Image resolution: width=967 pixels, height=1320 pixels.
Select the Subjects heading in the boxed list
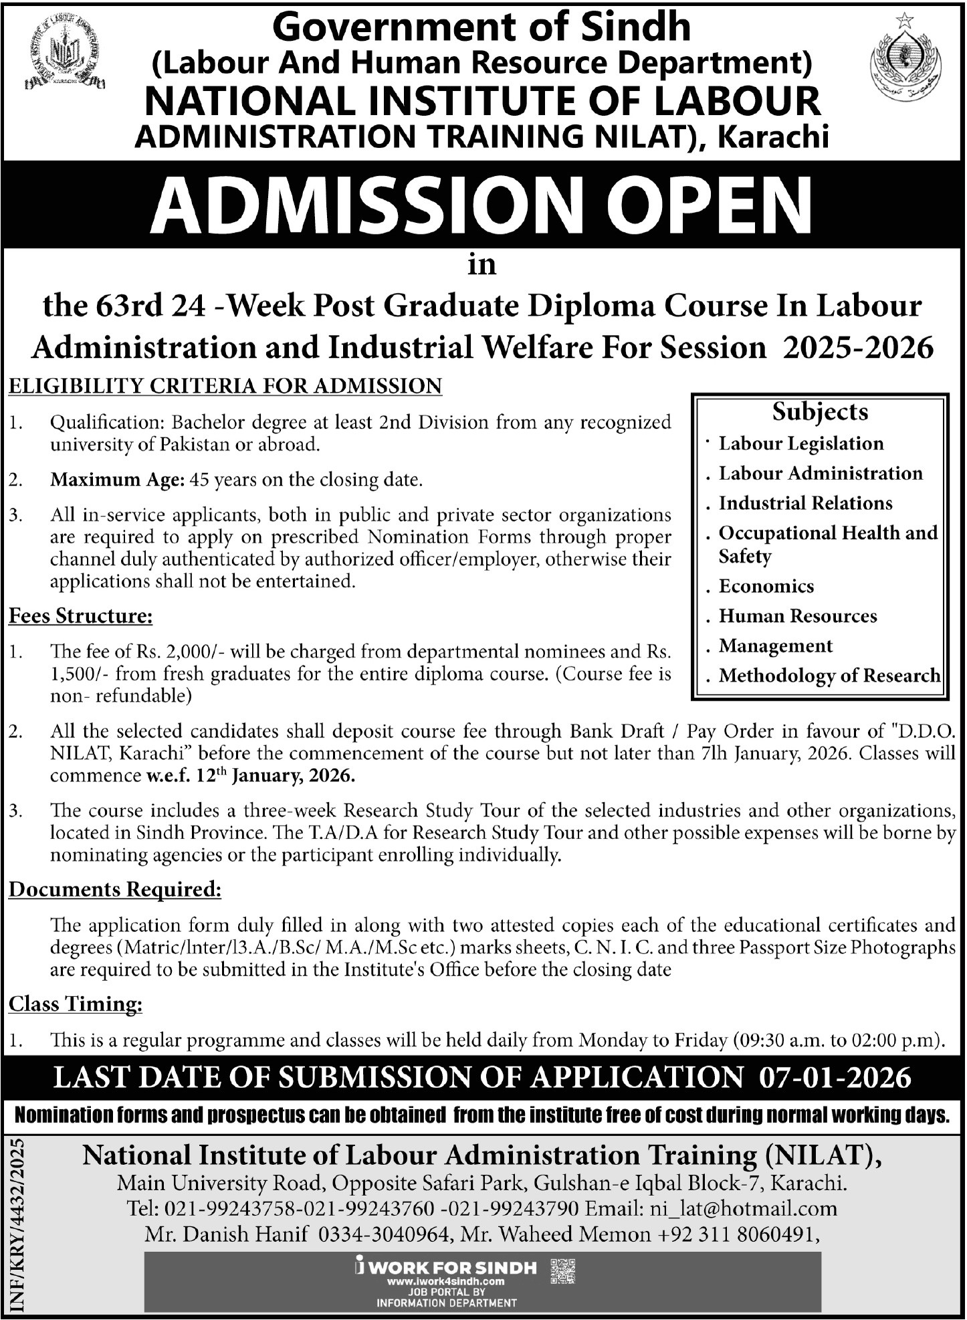click(820, 411)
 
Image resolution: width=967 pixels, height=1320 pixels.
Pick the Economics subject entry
click(766, 586)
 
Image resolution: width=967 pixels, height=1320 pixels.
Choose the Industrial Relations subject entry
click(805, 503)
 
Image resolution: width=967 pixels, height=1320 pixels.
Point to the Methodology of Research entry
click(829, 676)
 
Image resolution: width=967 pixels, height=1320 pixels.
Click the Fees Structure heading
click(80, 616)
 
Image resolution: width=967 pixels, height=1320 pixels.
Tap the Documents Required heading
click(114, 890)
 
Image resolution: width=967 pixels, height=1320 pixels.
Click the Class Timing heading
click(76, 1004)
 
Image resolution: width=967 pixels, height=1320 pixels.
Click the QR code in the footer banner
click(562, 1271)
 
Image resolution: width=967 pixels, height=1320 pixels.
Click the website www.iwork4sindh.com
click(447, 1281)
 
